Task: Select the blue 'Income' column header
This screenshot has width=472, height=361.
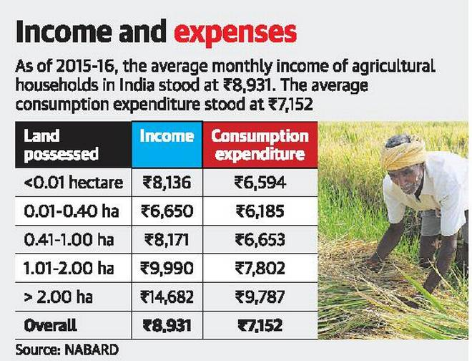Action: [166, 137]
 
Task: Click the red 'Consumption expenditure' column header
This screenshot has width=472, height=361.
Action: [260, 145]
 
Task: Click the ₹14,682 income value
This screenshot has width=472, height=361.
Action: [166, 297]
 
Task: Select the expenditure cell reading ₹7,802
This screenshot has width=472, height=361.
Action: [260, 269]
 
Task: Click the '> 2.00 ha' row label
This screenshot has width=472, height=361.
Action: [59, 297]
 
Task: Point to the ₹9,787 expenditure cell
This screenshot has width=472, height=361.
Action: [260, 297]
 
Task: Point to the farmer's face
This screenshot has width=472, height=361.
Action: [410, 180]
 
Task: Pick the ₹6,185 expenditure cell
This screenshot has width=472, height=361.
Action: [260, 211]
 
